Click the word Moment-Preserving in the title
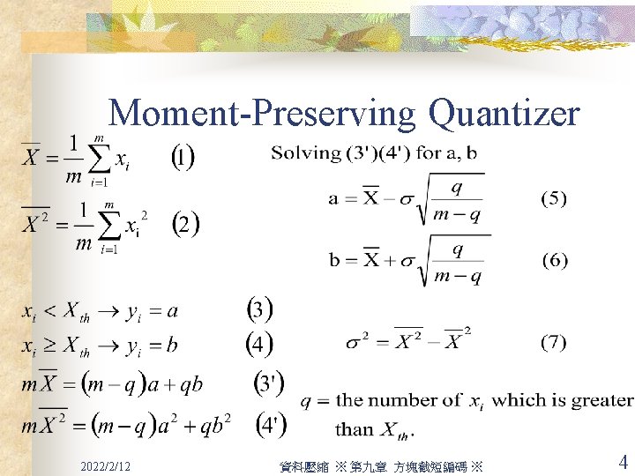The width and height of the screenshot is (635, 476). pyautogui.click(x=262, y=115)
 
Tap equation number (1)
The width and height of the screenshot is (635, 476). pyautogui.click(x=182, y=159)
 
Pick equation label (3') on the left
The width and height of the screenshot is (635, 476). pyautogui.click(x=269, y=383)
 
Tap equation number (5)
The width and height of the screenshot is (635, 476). pyautogui.click(x=553, y=198)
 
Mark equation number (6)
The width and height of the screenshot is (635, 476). pyautogui.click(x=553, y=260)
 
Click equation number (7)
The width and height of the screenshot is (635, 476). pyautogui.click(x=553, y=342)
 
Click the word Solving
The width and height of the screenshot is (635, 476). pyautogui.click(x=305, y=152)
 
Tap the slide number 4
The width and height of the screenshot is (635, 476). pyautogui.click(x=623, y=462)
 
